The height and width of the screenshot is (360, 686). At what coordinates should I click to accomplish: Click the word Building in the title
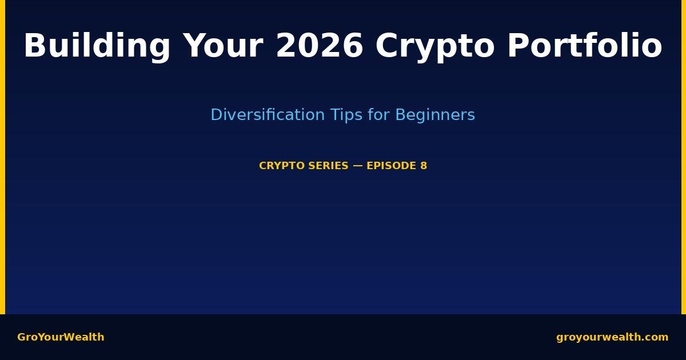[97, 46]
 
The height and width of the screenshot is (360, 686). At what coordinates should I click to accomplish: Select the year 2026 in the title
[320, 46]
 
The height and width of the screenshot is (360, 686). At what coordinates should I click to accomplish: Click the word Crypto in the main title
[435, 46]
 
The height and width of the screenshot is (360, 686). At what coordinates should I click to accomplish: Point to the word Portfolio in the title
[585, 46]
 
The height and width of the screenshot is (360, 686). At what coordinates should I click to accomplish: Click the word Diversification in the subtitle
[268, 115]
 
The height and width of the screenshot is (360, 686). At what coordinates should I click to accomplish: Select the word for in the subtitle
[378, 115]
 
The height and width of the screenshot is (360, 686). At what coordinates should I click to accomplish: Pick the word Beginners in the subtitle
[435, 115]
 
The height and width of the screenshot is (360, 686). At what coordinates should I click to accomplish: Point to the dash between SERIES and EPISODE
[357, 166]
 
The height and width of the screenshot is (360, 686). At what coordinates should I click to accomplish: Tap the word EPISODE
[392, 166]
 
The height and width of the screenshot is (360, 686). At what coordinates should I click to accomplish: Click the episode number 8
[424, 166]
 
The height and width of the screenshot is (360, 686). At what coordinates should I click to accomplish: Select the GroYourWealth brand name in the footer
[61, 337]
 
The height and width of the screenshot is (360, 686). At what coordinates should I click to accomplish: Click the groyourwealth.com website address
[612, 337]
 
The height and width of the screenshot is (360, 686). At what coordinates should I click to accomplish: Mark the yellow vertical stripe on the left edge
[2, 157]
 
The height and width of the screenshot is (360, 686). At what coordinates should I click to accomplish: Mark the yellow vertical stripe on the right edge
[684, 157]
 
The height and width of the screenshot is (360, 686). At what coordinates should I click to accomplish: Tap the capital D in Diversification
[216, 115]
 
